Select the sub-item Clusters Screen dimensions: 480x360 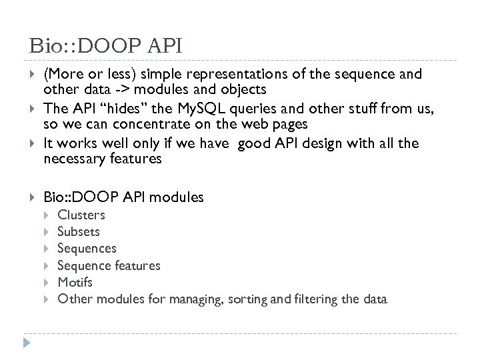click(81, 215)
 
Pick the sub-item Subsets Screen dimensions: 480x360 click(79, 231)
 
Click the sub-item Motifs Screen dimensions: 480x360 click(75, 282)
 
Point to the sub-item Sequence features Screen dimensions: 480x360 click(109, 265)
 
